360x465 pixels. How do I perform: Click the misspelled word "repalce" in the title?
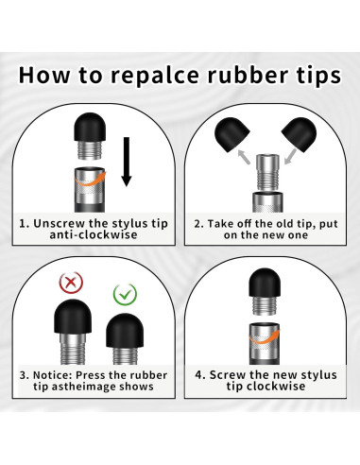pyautogui.click(x=155, y=76)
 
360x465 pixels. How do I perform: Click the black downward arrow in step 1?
pyautogui.click(x=127, y=162)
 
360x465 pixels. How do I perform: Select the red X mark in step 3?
pyautogui.click(x=71, y=282)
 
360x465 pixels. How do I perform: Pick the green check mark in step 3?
pyautogui.click(x=125, y=295)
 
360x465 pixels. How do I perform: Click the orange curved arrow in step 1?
pyautogui.click(x=91, y=179)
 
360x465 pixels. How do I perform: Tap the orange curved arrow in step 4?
pyautogui.click(x=265, y=337)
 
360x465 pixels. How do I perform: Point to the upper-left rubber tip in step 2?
pyautogui.click(x=231, y=134)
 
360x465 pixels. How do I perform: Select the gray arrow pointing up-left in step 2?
pyautogui.click(x=244, y=157)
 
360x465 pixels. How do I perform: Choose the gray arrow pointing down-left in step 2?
pyautogui.click(x=290, y=157)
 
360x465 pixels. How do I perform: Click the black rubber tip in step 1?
pyautogui.click(x=90, y=127)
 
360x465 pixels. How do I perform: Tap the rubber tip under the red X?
pyautogui.click(x=73, y=317)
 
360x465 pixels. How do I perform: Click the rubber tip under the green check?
pyautogui.click(x=125, y=330)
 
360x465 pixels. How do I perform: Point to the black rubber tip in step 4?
pyautogui.click(x=265, y=283)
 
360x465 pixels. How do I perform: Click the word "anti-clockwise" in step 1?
pyautogui.click(x=94, y=234)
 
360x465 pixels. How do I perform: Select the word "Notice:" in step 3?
pyautogui.click(x=53, y=375)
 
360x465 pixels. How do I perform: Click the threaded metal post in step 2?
pyautogui.click(x=267, y=173)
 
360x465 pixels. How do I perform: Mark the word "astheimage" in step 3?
pyautogui.click(x=84, y=387)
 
